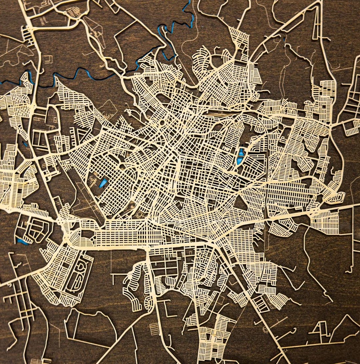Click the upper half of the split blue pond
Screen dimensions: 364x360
coord(241,153)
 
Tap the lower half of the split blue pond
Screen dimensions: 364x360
coord(239,162)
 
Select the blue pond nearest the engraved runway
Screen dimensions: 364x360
coord(103,182)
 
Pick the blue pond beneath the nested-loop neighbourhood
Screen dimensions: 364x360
coord(23,241)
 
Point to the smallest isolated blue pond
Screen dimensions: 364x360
coord(25,144)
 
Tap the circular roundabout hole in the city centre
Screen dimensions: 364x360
coord(162,123)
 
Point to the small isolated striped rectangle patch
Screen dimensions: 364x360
coord(154,329)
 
